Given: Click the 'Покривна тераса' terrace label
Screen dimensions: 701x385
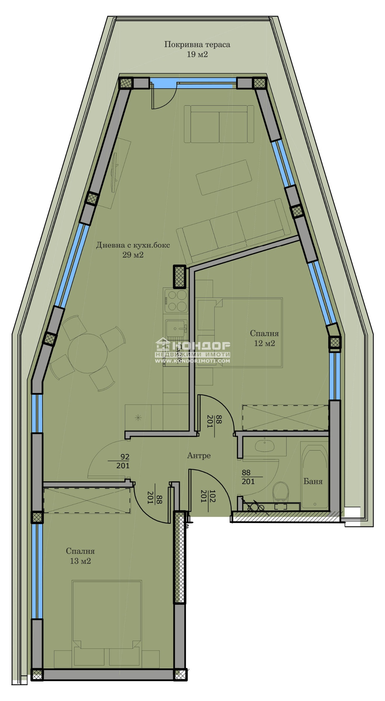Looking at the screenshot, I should [x=197, y=45].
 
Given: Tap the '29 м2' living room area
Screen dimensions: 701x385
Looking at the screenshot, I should [x=133, y=255].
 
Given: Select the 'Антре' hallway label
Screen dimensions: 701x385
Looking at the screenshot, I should [x=199, y=455].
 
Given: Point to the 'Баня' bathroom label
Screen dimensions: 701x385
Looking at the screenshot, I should [x=313, y=481].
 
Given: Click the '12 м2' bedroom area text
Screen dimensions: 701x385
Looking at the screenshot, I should [x=264, y=343].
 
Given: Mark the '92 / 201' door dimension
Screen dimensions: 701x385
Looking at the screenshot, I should [x=123, y=461].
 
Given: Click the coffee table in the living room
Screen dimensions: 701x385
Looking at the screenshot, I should [x=224, y=177].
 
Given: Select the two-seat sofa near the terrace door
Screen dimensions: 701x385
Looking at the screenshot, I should [x=219, y=124].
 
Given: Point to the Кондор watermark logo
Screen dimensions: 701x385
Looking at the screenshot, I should [x=193, y=352].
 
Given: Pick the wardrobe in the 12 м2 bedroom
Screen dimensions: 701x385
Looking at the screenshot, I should [x=285, y=418].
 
